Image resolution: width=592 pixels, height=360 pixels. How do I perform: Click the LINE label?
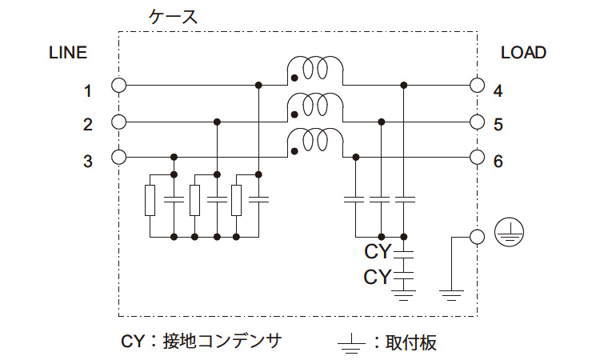pos(68,54)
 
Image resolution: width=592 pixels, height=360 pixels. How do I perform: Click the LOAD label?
pos(523,54)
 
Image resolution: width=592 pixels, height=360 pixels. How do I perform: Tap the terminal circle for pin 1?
pos(119,85)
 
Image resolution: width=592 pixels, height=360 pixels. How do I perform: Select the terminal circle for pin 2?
pos(119,122)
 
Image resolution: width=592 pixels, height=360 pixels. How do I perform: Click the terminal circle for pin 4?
pos(478,85)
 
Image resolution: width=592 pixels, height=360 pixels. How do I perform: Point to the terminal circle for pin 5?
pos(478,122)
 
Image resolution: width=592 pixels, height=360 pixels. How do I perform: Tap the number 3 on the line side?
pos(88,162)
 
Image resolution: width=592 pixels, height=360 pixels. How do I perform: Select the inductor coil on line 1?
pos(315,70)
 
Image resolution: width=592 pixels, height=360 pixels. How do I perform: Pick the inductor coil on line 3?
pos(315,141)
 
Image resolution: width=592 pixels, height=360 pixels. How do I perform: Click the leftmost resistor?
pos(150,200)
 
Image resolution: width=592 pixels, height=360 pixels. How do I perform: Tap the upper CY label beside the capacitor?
pos(377,253)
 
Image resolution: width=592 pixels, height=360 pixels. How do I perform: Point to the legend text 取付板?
pos(413,342)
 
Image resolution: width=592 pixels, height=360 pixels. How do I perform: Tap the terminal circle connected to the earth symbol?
pos(478,236)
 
